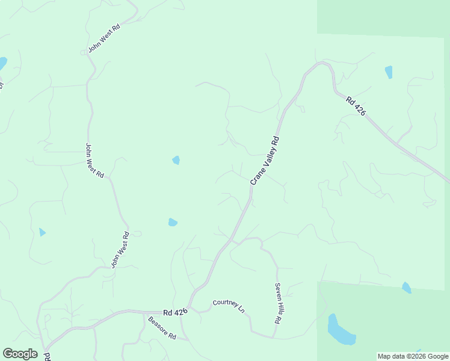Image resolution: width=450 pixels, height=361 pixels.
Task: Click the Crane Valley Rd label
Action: point(265,159)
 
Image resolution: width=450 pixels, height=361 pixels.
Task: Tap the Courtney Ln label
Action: point(229,306)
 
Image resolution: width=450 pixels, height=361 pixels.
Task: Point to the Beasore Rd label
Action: point(161,328)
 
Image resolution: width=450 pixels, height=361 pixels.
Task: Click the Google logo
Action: point(20,353)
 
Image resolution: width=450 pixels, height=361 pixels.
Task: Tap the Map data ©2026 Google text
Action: point(412,356)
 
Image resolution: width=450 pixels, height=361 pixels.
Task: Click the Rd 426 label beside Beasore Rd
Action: point(176,312)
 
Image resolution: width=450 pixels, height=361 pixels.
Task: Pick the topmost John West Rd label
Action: point(104,39)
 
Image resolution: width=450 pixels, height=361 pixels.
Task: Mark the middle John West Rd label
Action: point(94,160)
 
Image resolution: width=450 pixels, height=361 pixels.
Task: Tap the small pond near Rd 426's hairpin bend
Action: point(389,72)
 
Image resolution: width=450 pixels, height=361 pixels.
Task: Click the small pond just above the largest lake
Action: point(407,288)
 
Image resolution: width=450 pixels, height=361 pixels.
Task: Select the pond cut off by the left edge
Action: point(2,63)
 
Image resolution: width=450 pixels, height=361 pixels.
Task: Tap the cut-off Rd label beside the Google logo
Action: point(47,356)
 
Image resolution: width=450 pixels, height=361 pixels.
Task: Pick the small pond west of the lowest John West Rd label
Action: point(42,232)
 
